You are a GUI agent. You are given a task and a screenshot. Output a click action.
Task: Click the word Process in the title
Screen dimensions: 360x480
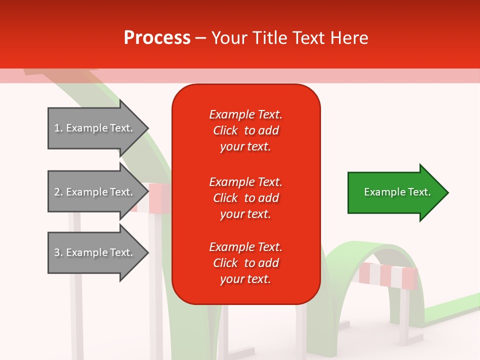pyautogui.click(x=157, y=38)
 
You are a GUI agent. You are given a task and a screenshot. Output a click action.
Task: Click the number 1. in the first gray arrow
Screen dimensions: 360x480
pyautogui.click(x=58, y=128)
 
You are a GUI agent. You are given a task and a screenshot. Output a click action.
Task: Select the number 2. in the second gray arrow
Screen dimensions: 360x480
pyautogui.click(x=58, y=192)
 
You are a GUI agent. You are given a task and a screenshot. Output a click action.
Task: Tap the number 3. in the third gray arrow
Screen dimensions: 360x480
pyautogui.click(x=58, y=252)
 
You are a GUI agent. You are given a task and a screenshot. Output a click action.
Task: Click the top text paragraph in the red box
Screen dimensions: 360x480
pyautogui.click(x=245, y=130)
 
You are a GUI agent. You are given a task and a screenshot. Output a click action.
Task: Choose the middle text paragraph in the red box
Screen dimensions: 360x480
pyautogui.click(x=245, y=198)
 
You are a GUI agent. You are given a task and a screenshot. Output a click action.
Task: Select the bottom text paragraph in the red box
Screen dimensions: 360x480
pyautogui.click(x=245, y=263)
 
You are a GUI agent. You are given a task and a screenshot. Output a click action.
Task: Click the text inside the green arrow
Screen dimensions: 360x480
pyautogui.click(x=397, y=192)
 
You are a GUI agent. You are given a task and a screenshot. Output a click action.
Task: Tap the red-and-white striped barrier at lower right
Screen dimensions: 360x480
pyautogui.click(x=388, y=275)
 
